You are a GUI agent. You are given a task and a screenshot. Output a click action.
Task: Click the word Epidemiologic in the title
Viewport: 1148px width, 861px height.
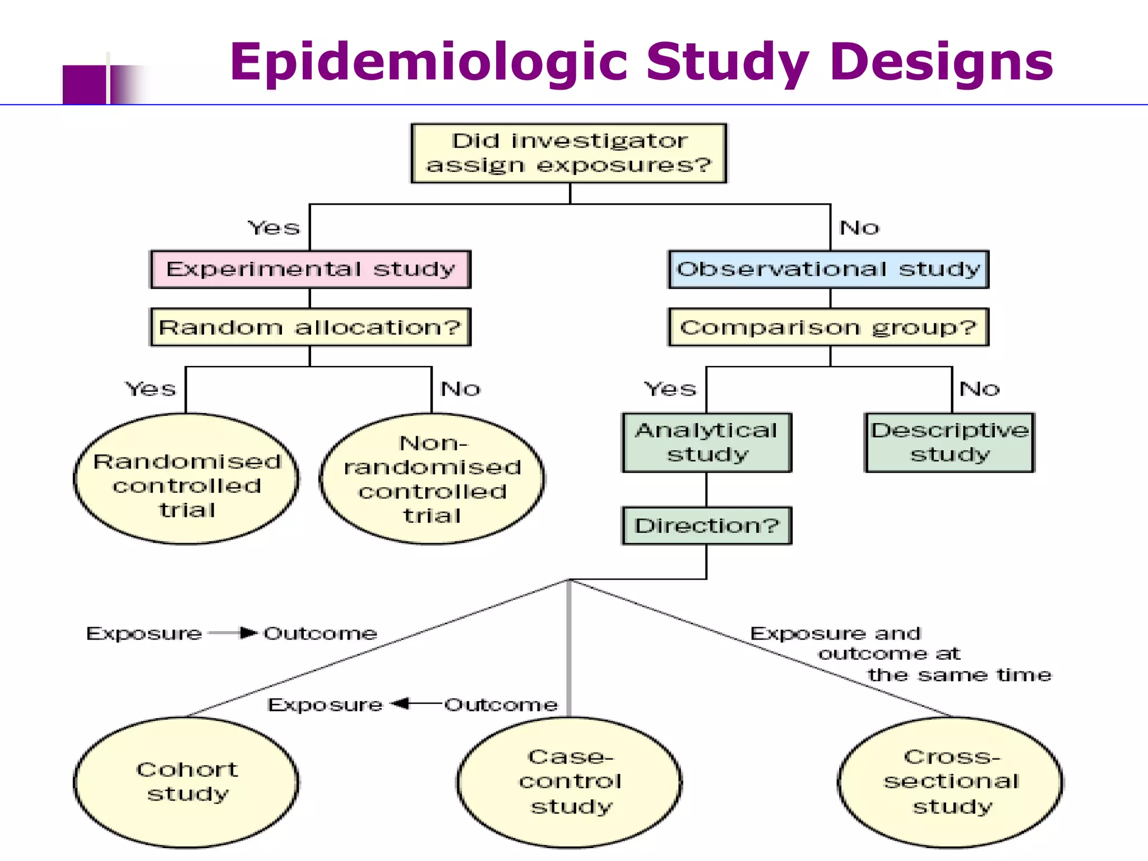429,63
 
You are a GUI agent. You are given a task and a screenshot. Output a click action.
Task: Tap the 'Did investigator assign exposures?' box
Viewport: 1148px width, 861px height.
569,153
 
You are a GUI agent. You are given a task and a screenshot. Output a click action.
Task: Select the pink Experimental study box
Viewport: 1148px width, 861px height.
310,269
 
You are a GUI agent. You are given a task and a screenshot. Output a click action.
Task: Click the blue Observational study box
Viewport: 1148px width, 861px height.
828,269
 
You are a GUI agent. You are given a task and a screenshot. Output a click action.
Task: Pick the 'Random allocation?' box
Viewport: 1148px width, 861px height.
310,327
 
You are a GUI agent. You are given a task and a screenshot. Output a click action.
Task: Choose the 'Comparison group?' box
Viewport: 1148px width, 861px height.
828,327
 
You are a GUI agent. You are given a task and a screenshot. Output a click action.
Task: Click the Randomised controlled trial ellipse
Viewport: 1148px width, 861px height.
187,479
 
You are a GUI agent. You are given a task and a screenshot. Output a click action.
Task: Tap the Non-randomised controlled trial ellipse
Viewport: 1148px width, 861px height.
432,479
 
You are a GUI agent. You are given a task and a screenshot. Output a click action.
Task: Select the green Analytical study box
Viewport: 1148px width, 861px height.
707,443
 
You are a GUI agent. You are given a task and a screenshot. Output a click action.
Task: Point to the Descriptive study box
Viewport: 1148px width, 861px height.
950,443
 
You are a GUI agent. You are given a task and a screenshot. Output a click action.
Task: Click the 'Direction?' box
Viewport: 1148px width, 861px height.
707,526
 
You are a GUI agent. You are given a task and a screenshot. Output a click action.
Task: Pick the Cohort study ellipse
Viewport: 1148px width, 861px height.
187,782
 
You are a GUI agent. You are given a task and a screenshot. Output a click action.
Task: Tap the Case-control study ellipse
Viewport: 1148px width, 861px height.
570,782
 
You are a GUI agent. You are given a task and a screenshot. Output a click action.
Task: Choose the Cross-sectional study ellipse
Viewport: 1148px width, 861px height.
951,782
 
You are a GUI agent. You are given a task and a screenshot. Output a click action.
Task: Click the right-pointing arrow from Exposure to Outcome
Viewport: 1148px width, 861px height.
233,633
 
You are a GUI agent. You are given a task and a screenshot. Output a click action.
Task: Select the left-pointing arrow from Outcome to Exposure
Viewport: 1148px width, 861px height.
415,703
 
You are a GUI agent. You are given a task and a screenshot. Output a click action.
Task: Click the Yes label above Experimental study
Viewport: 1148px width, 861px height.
274,228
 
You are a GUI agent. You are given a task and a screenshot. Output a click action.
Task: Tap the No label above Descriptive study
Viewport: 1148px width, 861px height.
979,389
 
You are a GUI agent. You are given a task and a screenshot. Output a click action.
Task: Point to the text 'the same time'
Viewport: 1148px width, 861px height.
959,675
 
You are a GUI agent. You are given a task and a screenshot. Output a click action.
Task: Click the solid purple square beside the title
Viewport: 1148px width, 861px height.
84,85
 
